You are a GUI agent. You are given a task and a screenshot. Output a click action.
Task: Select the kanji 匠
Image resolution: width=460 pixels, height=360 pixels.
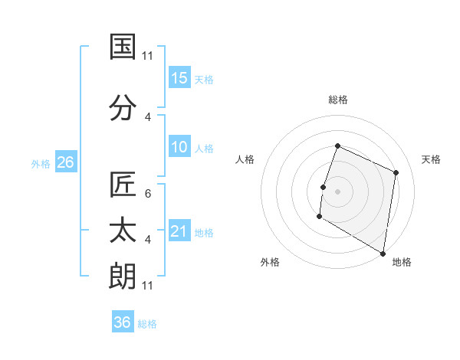tap(123, 185)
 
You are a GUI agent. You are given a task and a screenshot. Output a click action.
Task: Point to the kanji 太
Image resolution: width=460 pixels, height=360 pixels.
tap(123, 231)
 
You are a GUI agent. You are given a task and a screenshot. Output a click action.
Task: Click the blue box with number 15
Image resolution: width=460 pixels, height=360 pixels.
tap(179, 78)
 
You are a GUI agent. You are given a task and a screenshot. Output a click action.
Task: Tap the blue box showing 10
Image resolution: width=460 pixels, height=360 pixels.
tap(179, 147)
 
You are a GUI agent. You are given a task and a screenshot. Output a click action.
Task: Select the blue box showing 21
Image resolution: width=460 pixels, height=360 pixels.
tap(179, 231)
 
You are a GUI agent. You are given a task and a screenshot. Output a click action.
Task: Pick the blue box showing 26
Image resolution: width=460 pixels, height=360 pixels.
tap(65, 162)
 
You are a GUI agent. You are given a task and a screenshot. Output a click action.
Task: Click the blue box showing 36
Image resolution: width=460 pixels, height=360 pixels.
tap(123, 322)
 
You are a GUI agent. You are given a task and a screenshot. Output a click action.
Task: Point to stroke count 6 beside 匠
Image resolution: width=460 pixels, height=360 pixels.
tap(148, 193)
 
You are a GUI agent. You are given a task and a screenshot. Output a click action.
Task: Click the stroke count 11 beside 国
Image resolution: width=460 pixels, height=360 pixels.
tap(148, 55)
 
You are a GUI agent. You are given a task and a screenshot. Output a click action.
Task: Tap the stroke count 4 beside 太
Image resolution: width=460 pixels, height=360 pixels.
tap(148, 239)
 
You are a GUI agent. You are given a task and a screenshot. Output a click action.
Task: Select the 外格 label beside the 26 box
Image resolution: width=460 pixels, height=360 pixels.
tap(41, 163)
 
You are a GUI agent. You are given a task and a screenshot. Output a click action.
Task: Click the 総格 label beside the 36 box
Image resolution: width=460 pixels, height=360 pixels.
tap(147, 323)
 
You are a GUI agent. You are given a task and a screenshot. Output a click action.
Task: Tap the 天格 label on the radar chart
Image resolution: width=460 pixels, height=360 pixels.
tap(432, 159)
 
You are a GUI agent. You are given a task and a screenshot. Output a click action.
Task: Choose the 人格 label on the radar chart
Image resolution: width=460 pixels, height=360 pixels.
tap(245, 159)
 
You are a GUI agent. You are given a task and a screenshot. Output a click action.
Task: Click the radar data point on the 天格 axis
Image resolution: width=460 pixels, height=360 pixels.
tap(396, 172)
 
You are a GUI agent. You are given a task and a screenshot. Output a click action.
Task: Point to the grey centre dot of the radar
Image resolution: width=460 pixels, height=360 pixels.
tap(337, 191)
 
